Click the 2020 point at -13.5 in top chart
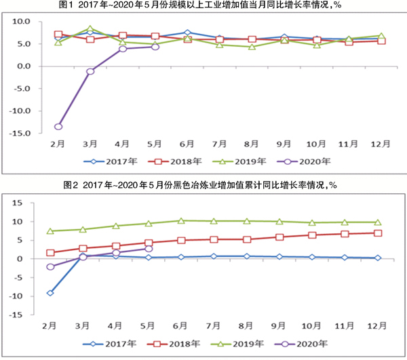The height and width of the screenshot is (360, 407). pyautogui.click(x=58, y=126)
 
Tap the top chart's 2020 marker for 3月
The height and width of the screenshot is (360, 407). pyautogui.click(x=90, y=71)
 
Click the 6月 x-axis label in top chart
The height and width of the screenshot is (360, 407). pyautogui.click(x=187, y=144)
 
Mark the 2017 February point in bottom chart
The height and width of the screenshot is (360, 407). pyautogui.click(x=52, y=293)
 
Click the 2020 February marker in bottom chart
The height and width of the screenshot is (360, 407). pyautogui.click(x=52, y=266)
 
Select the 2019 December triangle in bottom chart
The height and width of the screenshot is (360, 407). pyautogui.click(x=378, y=222)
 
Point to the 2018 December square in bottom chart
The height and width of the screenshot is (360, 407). pyautogui.click(x=378, y=233)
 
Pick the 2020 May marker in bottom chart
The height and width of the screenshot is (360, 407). pyautogui.click(x=149, y=249)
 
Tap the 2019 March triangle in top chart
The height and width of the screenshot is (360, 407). pyautogui.click(x=90, y=30)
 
